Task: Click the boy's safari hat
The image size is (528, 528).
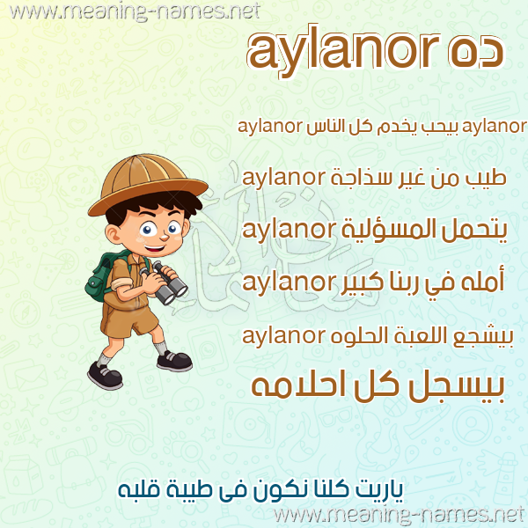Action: [148, 184]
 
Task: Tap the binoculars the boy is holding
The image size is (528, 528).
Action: [165, 282]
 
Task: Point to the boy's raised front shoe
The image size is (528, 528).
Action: [175, 361]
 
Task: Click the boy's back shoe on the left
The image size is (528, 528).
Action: [105, 376]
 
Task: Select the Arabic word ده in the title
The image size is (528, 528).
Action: [475, 51]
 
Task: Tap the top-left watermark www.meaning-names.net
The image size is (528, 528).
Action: [135, 11]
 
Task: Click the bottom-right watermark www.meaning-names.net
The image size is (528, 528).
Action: [400, 515]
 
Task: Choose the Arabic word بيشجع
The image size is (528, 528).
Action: [484, 338]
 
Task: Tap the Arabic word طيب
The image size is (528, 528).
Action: [486, 179]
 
